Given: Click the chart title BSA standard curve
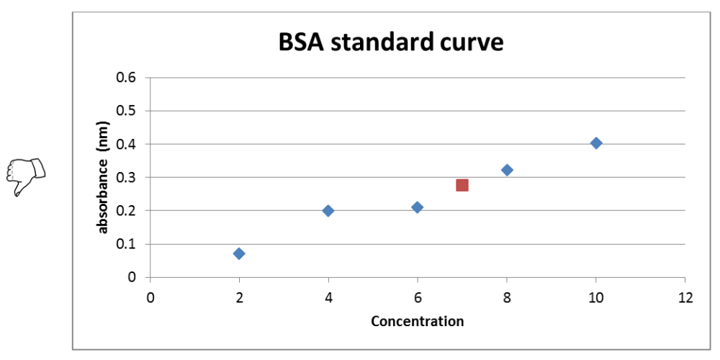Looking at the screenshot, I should (x=390, y=42).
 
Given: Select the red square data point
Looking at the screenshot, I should (x=462, y=185).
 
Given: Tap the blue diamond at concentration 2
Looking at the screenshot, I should (x=239, y=253).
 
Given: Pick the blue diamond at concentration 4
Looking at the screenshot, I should (x=328, y=210).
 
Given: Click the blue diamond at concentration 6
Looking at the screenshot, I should (x=417, y=207).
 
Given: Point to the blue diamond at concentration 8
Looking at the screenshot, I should (x=507, y=170).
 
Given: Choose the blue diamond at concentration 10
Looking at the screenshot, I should (x=596, y=143).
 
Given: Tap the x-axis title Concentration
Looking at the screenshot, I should (x=417, y=321).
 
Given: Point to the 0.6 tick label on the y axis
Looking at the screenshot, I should (x=128, y=78).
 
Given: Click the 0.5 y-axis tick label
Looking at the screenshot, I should (x=128, y=111).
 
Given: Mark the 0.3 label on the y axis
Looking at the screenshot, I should (x=128, y=177).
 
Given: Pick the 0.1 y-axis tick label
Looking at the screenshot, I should (x=128, y=244).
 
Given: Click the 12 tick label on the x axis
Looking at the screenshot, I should (x=685, y=297).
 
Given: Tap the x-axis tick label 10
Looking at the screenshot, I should (x=595, y=297).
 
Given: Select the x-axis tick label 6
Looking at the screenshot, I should (x=418, y=297).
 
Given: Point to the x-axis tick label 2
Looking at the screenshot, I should (x=239, y=297).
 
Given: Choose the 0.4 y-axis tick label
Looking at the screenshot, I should (x=128, y=144).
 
